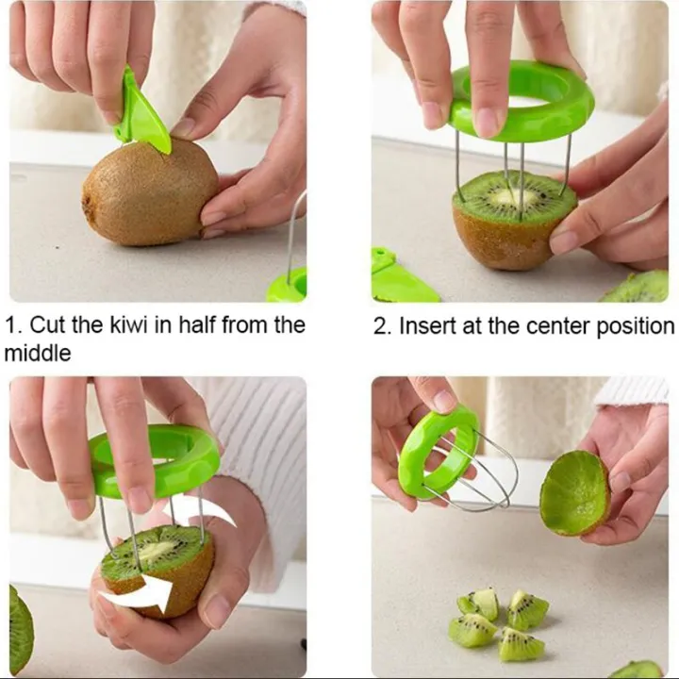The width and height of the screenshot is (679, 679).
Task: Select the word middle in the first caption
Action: tap(37, 354)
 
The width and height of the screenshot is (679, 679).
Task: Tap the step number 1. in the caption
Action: tap(13, 326)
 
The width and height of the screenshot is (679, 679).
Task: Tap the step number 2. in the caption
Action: tap(382, 326)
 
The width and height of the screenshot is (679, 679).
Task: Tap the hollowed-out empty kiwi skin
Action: tap(574, 492)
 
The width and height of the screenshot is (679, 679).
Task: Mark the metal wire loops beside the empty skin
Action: tap(489, 472)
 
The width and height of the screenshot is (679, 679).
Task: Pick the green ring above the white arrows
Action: tap(156, 459)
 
